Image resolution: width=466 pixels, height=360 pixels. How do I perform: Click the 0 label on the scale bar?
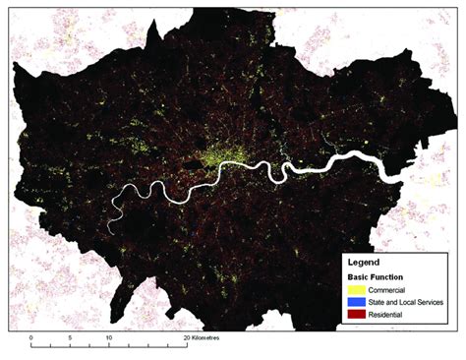(x=31, y=336)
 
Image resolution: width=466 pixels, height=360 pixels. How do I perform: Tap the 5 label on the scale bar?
(x=70, y=336)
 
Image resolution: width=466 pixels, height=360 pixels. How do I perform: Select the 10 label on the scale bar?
(x=108, y=336)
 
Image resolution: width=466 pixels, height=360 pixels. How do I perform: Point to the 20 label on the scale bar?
(x=185, y=336)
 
